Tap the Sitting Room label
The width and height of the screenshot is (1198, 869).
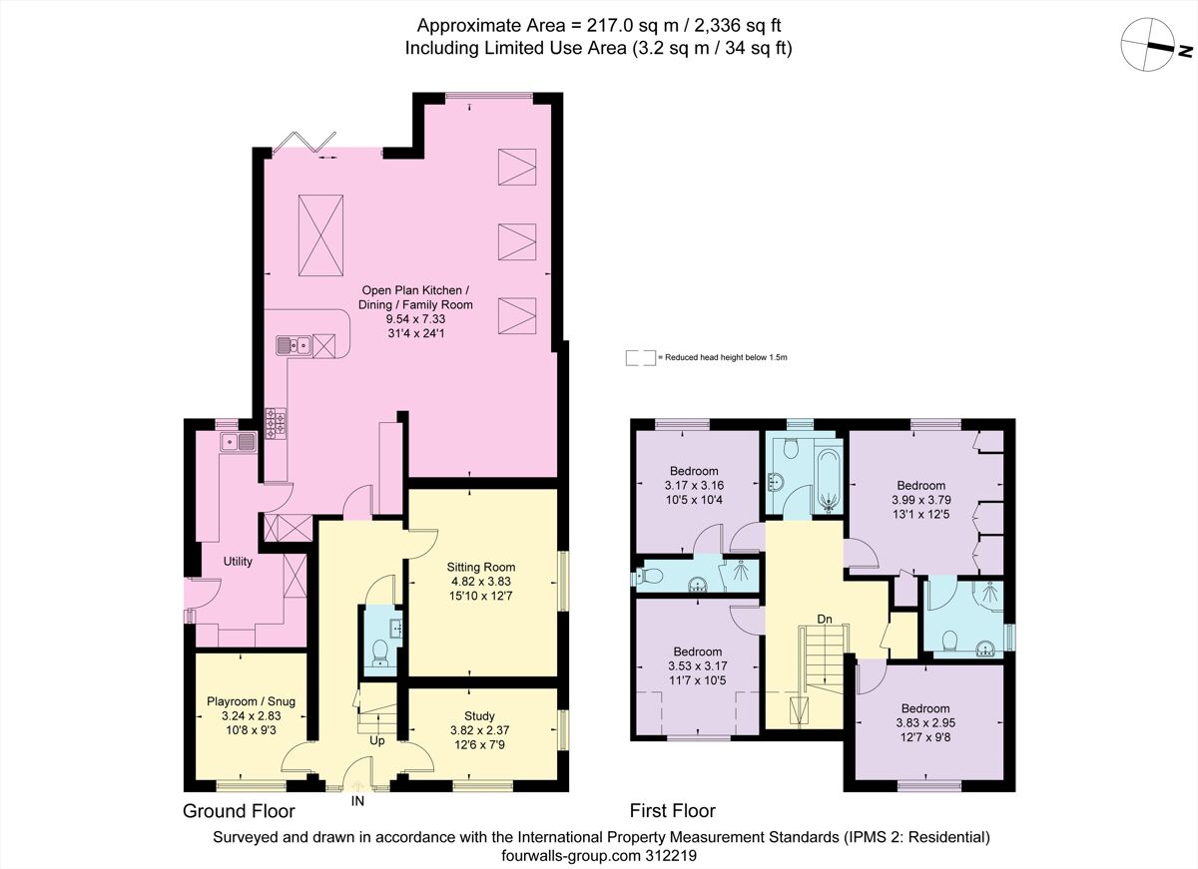(482, 567)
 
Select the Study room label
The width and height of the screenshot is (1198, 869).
(479, 715)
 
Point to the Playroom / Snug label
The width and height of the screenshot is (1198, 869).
(252, 701)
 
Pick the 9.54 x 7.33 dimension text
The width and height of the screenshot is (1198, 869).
(417, 318)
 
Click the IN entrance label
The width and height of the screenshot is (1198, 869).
(358, 799)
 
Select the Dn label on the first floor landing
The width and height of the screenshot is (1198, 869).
(825, 619)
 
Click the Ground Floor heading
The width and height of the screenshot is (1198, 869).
(239, 810)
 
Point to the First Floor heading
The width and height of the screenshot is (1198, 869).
(672, 810)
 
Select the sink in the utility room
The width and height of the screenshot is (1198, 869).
(238, 441)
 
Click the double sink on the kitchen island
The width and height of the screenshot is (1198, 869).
(295, 346)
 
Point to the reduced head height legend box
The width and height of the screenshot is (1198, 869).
(640, 357)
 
